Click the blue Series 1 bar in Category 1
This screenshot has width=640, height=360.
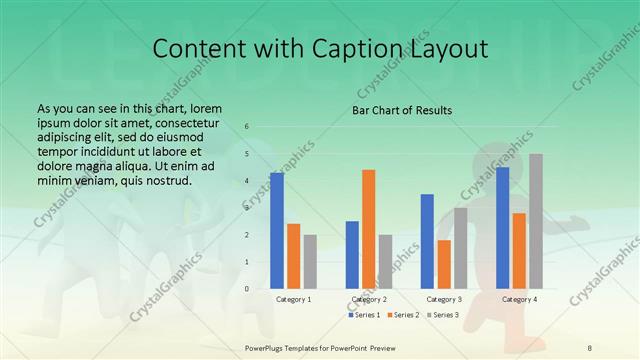pos(277,231)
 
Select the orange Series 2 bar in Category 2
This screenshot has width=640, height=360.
pos(368,229)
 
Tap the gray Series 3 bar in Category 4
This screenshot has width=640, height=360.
pos(536,221)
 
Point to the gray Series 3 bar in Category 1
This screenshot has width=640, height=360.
pos(310,262)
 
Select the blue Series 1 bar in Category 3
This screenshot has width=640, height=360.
pos(427,241)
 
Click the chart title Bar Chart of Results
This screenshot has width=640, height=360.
pos(402,110)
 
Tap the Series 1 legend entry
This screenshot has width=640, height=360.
pos(365,315)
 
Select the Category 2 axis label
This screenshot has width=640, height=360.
pos(368,299)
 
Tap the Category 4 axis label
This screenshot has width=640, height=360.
pos(519,299)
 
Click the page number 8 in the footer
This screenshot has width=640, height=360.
pos(590,346)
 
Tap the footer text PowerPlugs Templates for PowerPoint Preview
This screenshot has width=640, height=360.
pos(320,346)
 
